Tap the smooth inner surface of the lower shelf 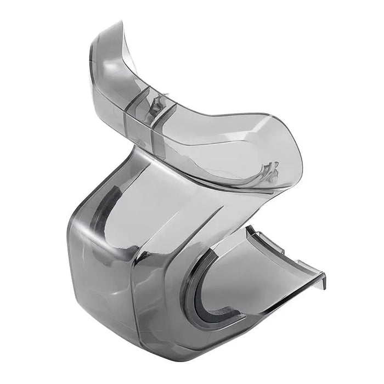point(258,280)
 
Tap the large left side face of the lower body point(99,274)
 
